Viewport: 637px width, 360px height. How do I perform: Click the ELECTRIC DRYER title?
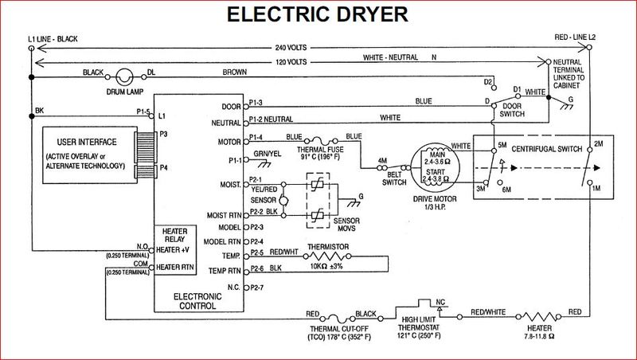point(318,15)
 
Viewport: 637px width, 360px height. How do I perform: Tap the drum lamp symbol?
point(124,77)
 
